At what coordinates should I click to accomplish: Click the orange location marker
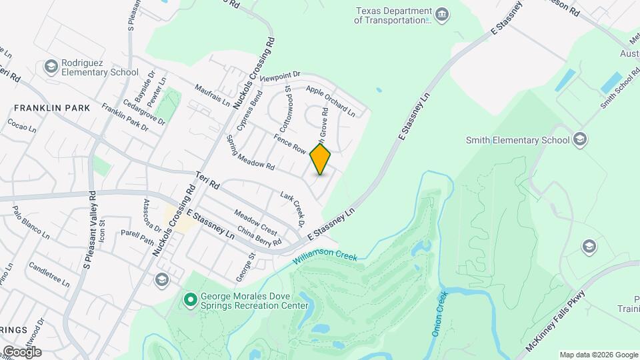click(x=321, y=159)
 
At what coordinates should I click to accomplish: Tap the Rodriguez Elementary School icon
click(x=51, y=66)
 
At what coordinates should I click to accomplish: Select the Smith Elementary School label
click(x=517, y=140)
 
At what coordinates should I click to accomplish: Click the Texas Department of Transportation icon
click(x=441, y=15)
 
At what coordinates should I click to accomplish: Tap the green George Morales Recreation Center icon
click(x=190, y=301)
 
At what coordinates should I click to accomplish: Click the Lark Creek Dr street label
click(x=293, y=207)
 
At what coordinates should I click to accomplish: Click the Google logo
click(x=21, y=351)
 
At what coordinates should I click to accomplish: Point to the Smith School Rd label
click(x=616, y=92)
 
